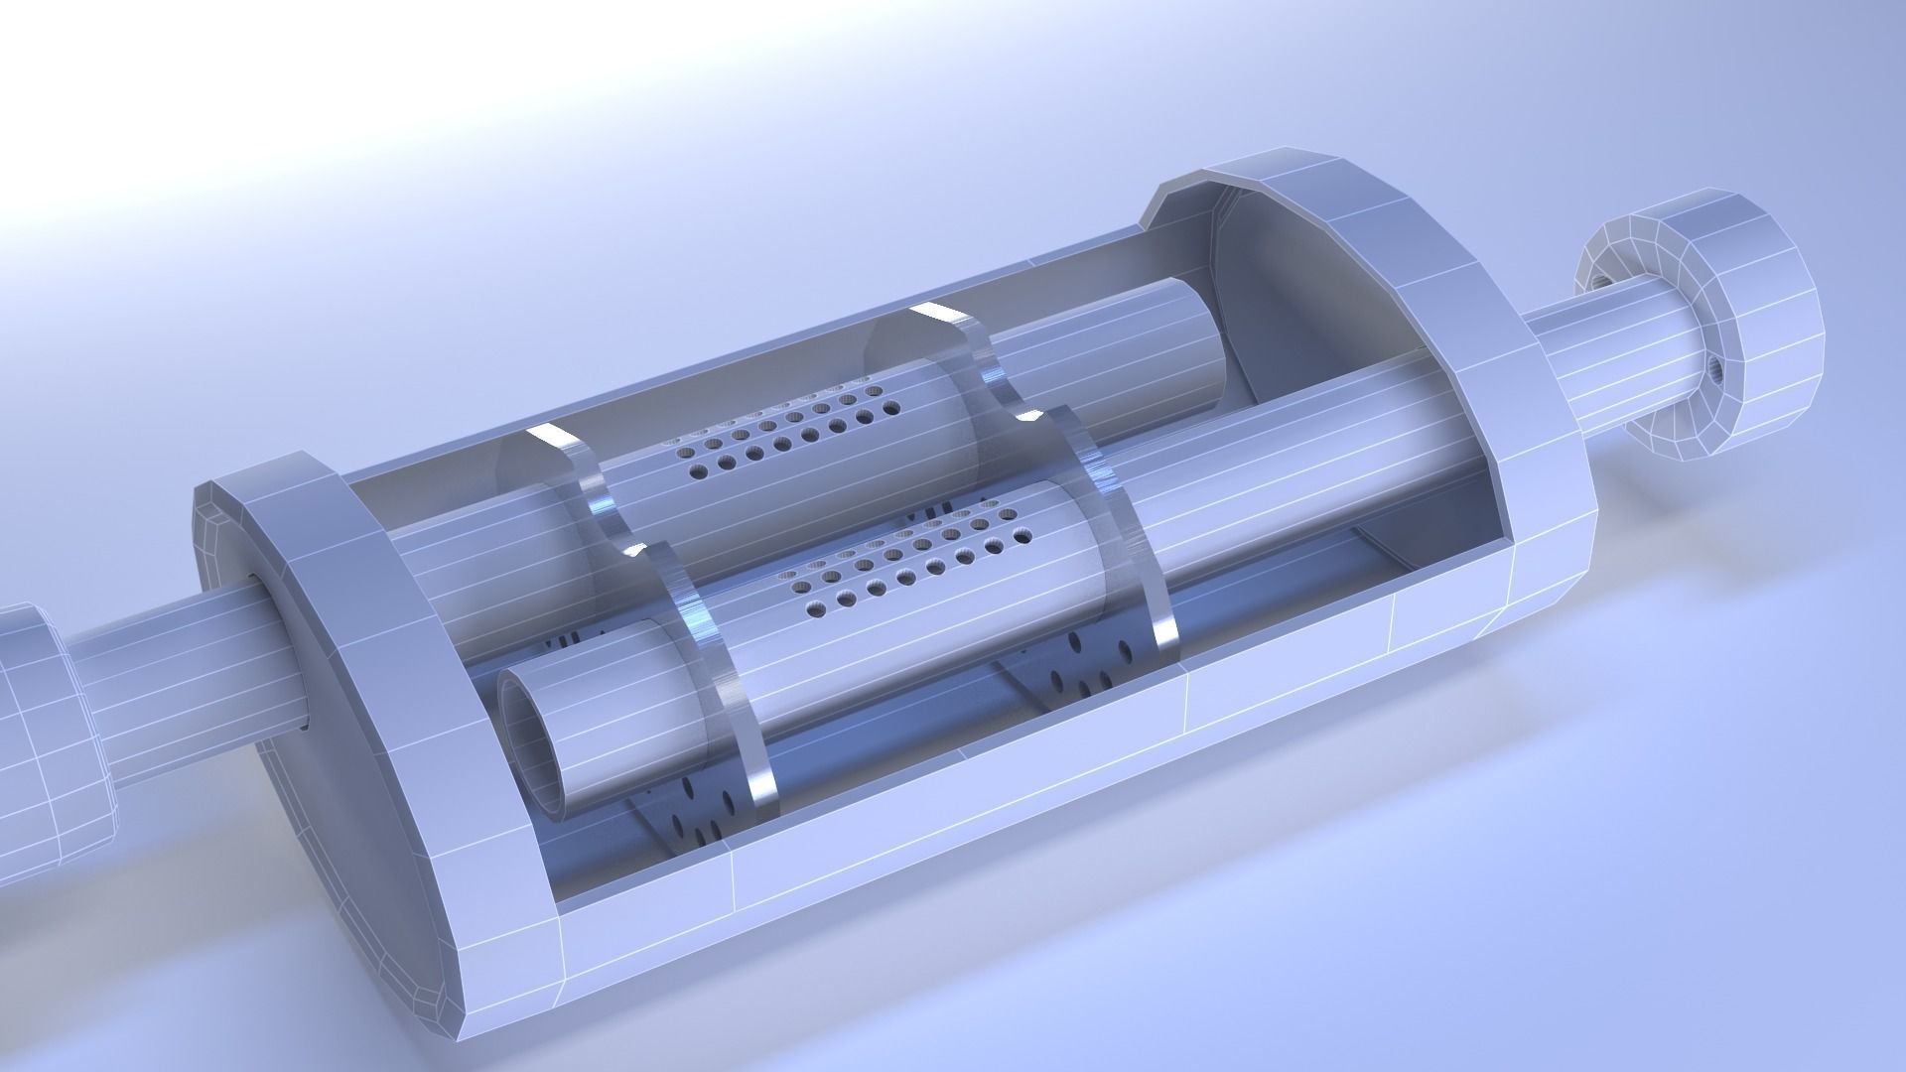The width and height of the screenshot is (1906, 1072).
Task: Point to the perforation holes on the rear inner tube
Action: pyautogui.click(x=784, y=437)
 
